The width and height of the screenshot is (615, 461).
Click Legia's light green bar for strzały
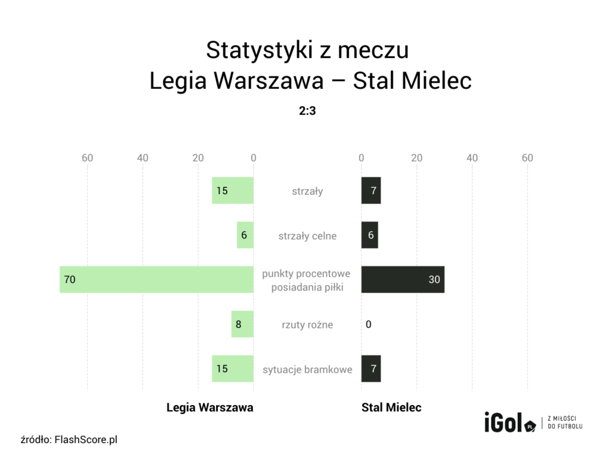click(232, 191)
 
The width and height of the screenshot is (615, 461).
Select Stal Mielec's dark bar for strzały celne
click(369, 235)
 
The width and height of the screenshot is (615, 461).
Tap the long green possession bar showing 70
click(156, 279)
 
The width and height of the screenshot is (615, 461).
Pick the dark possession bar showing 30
click(402, 279)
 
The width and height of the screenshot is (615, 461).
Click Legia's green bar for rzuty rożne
click(242, 324)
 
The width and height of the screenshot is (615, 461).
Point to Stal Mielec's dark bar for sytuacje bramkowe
click(371, 369)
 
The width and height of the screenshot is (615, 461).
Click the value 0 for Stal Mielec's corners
click(368, 325)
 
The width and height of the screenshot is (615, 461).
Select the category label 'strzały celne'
click(307, 236)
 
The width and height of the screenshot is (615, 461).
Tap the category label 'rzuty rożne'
click(307, 325)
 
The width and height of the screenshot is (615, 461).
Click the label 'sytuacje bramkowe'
click(307, 369)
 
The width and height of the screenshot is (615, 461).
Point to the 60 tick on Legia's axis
click(88, 158)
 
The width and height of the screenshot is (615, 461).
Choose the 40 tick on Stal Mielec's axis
click(472, 158)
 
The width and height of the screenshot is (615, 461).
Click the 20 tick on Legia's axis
click(198, 158)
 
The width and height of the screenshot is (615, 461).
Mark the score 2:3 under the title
click(307, 111)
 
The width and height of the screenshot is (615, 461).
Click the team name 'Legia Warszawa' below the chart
click(210, 408)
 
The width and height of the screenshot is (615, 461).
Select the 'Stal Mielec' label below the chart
click(392, 408)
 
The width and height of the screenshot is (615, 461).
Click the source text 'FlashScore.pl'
click(86, 439)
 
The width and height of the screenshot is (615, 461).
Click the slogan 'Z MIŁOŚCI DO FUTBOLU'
click(565, 422)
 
